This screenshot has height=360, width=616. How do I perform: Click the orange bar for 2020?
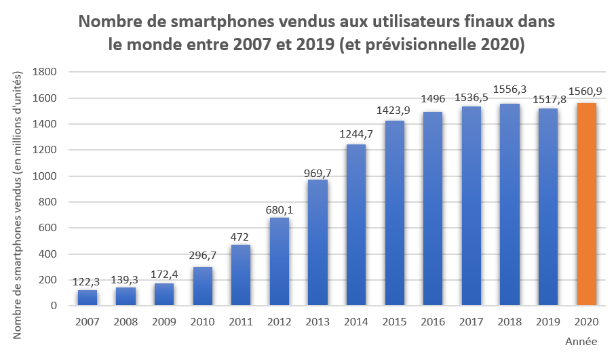click(586, 204)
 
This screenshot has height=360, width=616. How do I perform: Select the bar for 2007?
click(88, 298)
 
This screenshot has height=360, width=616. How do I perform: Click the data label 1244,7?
click(356, 134)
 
